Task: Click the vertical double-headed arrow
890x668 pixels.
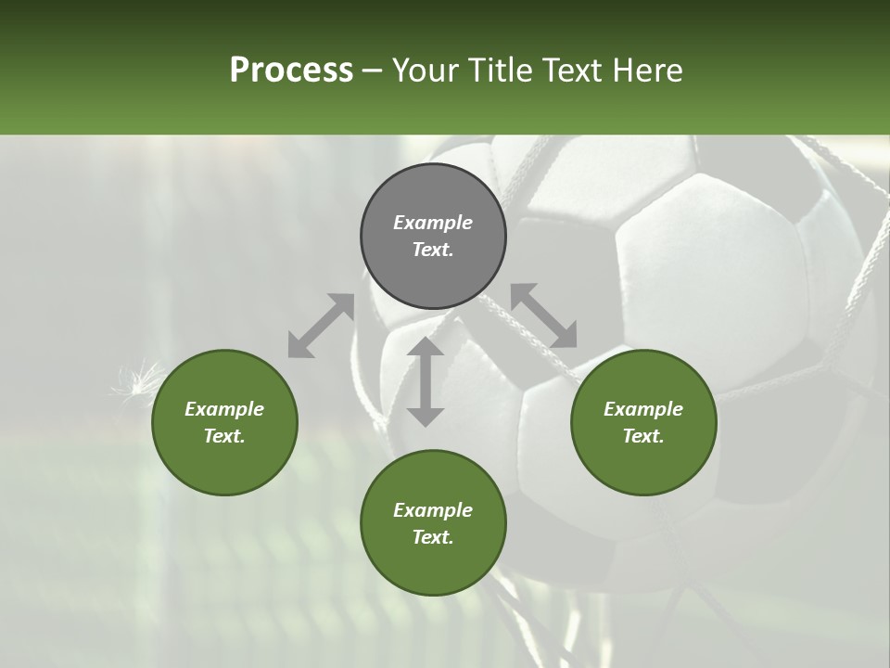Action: tap(426, 381)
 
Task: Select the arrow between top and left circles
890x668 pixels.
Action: tap(321, 326)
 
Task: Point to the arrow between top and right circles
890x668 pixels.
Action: tap(543, 316)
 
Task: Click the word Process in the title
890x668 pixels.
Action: tap(291, 71)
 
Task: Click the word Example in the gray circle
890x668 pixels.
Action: tap(433, 223)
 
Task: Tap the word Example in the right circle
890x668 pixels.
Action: tap(643, 409)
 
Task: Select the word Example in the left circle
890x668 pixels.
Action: tap(224, 409)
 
